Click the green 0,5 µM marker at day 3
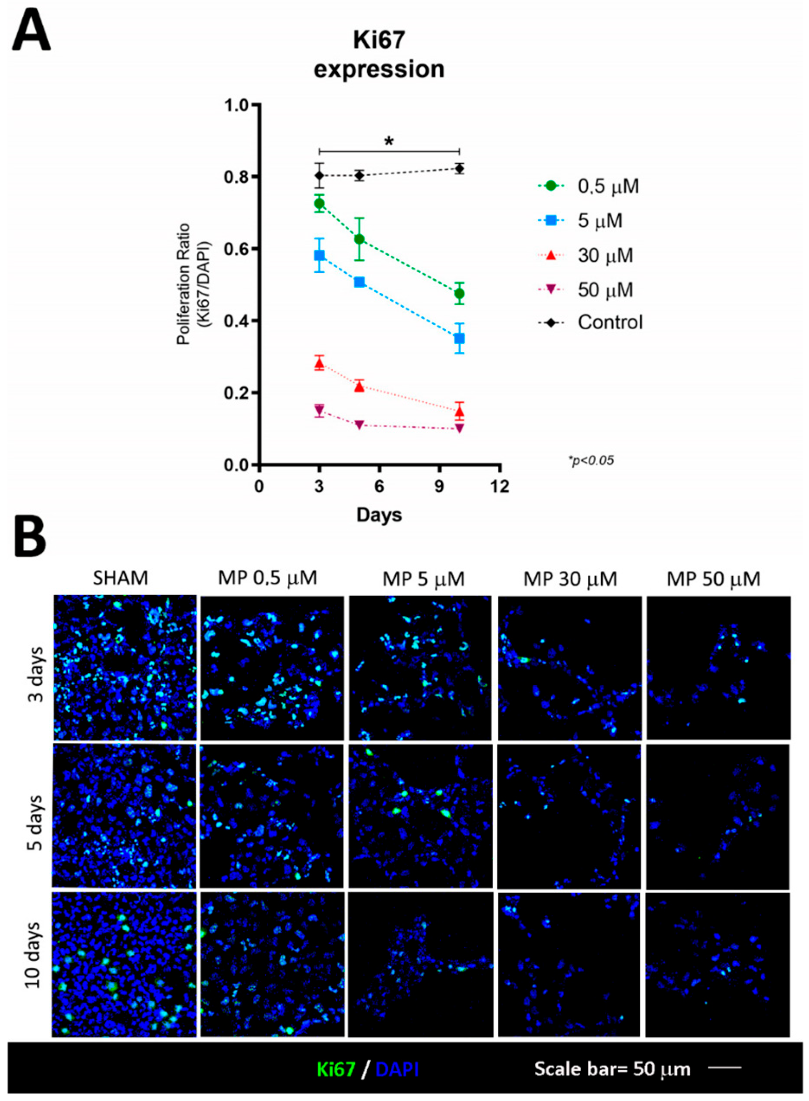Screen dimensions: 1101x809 [319, 203]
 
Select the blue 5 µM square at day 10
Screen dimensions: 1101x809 [459, 338]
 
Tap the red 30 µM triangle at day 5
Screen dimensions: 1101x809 [359, 387]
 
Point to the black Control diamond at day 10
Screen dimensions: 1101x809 [459, 169]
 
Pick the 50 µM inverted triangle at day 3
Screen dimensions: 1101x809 [319, 409]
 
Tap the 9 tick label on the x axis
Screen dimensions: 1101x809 [439, 487]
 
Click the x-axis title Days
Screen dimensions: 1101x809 [379, 515]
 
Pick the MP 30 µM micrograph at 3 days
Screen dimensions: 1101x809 [569, 668]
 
